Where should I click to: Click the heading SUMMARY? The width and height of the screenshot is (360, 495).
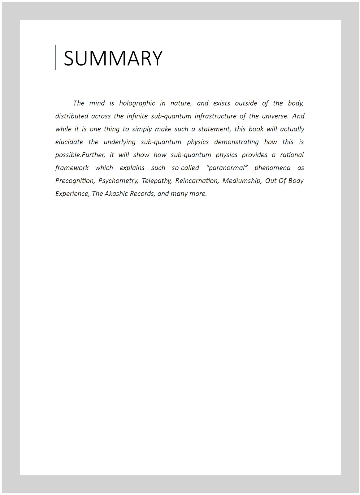(113, 58)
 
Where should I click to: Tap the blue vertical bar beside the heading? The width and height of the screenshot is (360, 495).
(56, 57)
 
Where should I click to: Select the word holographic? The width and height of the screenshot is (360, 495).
(137, 103)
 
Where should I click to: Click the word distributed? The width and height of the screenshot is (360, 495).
(72, 116)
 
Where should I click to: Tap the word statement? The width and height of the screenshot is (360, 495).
(215, 129)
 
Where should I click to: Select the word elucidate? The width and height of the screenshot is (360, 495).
(69, 142)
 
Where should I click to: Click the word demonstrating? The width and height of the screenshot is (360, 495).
(236, 142)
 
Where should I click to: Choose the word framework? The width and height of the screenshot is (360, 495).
(72, 168)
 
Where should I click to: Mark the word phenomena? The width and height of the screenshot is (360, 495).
(272, 168)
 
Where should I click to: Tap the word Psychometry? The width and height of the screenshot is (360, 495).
(118, 181)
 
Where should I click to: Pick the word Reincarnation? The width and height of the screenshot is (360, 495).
(197, 181)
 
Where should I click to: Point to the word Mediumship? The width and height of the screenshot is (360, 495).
(242, 181)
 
